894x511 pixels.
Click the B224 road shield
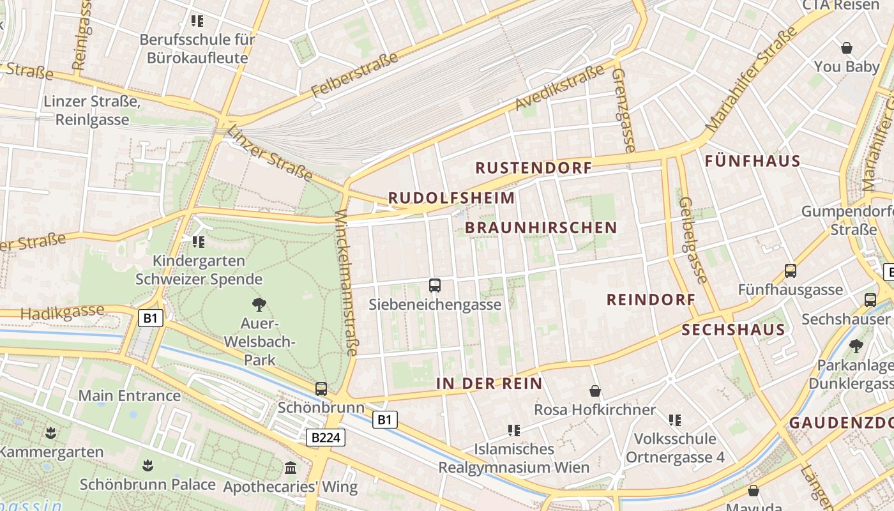click(326, 438)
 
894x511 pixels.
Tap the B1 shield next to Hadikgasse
click(149, 318)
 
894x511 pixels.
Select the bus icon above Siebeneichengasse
click(435, 286)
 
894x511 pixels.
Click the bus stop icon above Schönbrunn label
click(321, 388)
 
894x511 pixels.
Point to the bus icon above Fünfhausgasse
click(791, 271)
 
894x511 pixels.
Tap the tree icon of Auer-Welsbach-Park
click(259, 304)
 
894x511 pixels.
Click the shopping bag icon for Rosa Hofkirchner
click(595, 391)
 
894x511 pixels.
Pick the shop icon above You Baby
click(847, 48)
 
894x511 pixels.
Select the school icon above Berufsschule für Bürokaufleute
click(197, 21)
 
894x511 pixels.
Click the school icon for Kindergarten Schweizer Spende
click(199, 242)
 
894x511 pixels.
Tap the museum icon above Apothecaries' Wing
click(291, 468)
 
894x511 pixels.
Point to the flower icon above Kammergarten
click(51, 434)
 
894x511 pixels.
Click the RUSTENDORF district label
click(534, 168)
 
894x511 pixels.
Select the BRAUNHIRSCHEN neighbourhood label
click(541, 228)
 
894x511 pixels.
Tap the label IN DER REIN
click(489, 384)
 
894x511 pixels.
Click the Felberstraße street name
click(356, 75)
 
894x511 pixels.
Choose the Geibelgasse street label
click(693, 240)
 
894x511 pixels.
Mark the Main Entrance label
click(130, 396)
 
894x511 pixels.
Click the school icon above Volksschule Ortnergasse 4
click(675, 420)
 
